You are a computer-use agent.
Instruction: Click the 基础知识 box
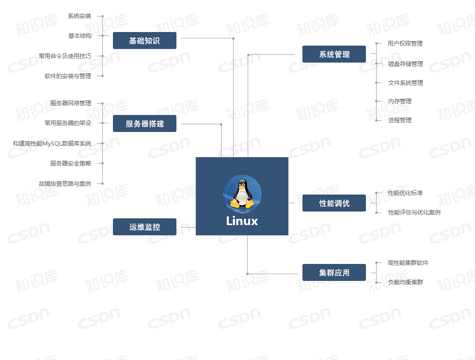tap(144, 41)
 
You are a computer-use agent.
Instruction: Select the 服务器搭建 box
tap(144, 124)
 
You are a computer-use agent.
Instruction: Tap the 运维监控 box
tap(144, 227)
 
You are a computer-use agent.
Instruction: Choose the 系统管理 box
tap(334, 54)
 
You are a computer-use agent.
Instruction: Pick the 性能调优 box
tap(334, 203)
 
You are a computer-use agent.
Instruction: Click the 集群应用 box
tap(334, 273)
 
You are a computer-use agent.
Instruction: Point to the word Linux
tap(242, 221)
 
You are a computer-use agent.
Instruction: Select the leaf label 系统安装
tap(79, 16)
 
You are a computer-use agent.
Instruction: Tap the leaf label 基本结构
tap(79, 36)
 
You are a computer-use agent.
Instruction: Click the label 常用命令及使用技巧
tap(65, 56)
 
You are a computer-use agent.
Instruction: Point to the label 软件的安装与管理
tap(68, 76)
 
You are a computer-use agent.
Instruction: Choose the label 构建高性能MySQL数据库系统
tap(52, 144)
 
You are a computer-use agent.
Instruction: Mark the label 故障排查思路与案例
tap(65, 184)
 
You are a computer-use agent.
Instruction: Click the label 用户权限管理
tap(405, 44)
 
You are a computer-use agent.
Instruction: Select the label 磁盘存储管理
tap(406, 64)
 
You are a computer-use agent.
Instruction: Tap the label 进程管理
tap(400, 120)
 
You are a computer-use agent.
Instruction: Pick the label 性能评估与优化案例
tap(414, 213)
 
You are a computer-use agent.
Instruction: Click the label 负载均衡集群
tap(406, 282)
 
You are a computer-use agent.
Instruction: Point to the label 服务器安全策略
tap(71, 164)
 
